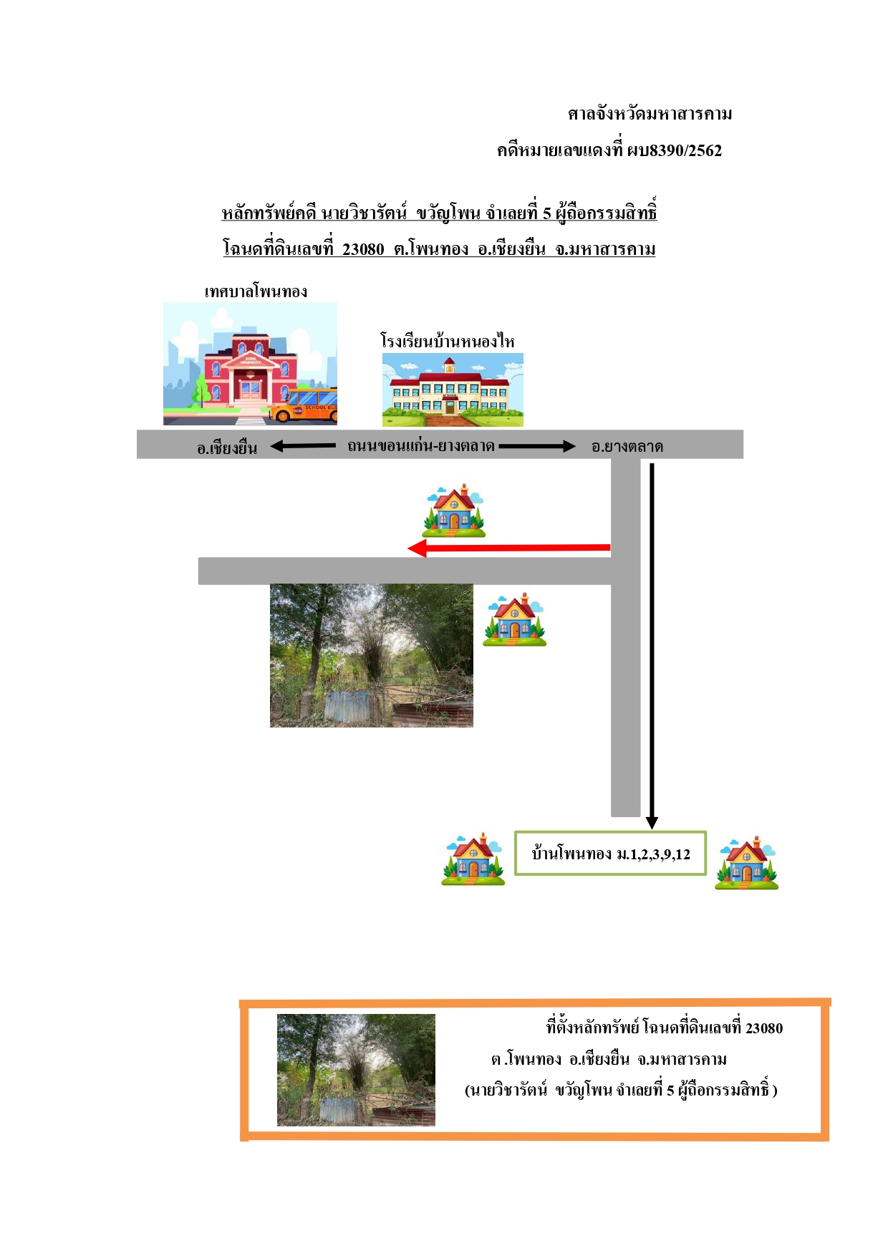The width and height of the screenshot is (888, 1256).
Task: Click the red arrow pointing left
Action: pyautogui.click(x=508, y=549)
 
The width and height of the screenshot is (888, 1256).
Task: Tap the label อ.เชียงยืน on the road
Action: pyautogui.click(x=227, y=448)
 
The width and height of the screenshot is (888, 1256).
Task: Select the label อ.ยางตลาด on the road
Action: pyautogui.click(x=627, y=446)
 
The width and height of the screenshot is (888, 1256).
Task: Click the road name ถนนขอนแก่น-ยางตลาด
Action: pyautogui.click(x=421, y=445)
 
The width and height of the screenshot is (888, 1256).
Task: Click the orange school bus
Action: pyautogui.click(x=304, y=406)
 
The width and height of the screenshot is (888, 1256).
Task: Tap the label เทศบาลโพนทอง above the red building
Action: pyautogui.click(x=256, y=291)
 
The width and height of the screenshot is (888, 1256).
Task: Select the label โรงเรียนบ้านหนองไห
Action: pyautogui.click(x=448, y=341)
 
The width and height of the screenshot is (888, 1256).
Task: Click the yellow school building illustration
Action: pyautogui.click(x=453, y=390)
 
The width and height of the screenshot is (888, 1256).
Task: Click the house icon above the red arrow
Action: pyautogui.click(x=454, y=511)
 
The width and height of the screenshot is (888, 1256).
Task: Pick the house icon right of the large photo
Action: pyautogui.click(x=514, y=620)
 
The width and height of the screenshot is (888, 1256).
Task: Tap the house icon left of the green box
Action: pyautogui.click(x=473, y=859)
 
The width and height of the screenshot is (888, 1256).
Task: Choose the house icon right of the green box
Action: pyautogui.click(x=746, y=863)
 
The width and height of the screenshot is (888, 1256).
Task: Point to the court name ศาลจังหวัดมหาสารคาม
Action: pyautogui.click(x=650, y=114)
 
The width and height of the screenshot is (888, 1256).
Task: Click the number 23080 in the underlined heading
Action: pyautogui.click(x=363, y=249)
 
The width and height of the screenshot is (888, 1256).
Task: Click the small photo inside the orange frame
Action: pyautogui.click(x=356, y=1070)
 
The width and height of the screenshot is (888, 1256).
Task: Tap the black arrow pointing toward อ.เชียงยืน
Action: pyautogui.click(x=303, y=446)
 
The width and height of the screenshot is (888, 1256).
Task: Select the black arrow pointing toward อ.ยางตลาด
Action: pyautogui.click(x=537, y=446)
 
